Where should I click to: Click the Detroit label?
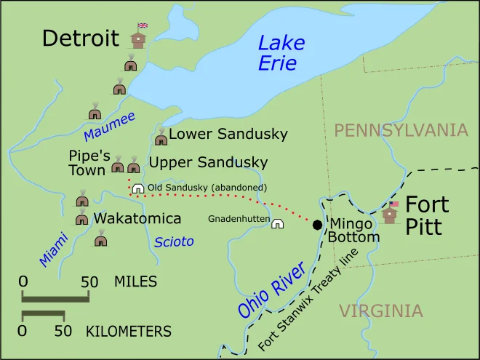point(80,38)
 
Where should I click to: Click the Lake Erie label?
point(281,53)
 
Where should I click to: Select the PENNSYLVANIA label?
point(401,130)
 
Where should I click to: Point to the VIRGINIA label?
point(380,311)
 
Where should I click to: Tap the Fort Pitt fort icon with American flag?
point(390,213)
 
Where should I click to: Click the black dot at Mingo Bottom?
point(317,225)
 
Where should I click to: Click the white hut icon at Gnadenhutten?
point(277,223)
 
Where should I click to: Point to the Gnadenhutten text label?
point(239,219)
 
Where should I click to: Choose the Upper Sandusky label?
point(208,162)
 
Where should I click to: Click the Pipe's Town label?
point(89,163)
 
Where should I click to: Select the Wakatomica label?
point(137,218)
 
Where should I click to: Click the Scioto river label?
point(174,242)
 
